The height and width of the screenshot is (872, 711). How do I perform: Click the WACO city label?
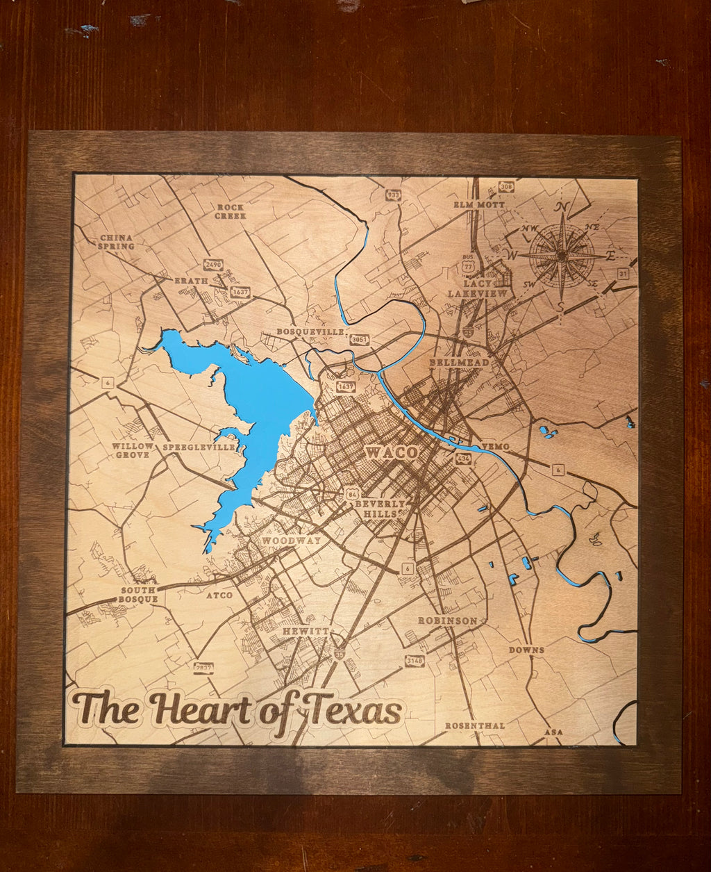tap(392, 452)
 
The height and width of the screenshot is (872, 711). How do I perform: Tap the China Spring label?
tap(116, 242)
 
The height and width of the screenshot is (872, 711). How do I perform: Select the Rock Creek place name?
tap(231, 211)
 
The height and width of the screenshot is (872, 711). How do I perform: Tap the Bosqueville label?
tap(310, 331)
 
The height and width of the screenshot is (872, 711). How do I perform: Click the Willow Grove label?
tap(132, 450)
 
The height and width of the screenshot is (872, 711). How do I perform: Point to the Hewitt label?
tap(304, 631)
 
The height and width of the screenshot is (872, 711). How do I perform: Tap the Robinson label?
tap(447, 620)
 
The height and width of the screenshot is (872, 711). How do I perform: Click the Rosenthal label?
tap(475, 725)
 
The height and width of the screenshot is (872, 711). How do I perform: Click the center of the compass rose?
tap(562, 255)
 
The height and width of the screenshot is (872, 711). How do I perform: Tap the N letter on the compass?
tap(562, 207)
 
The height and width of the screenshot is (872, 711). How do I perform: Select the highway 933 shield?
tap(394, 195)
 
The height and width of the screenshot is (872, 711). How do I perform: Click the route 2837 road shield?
tap(203, 668)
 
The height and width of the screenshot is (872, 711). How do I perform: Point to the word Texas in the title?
tap(354, 708)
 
